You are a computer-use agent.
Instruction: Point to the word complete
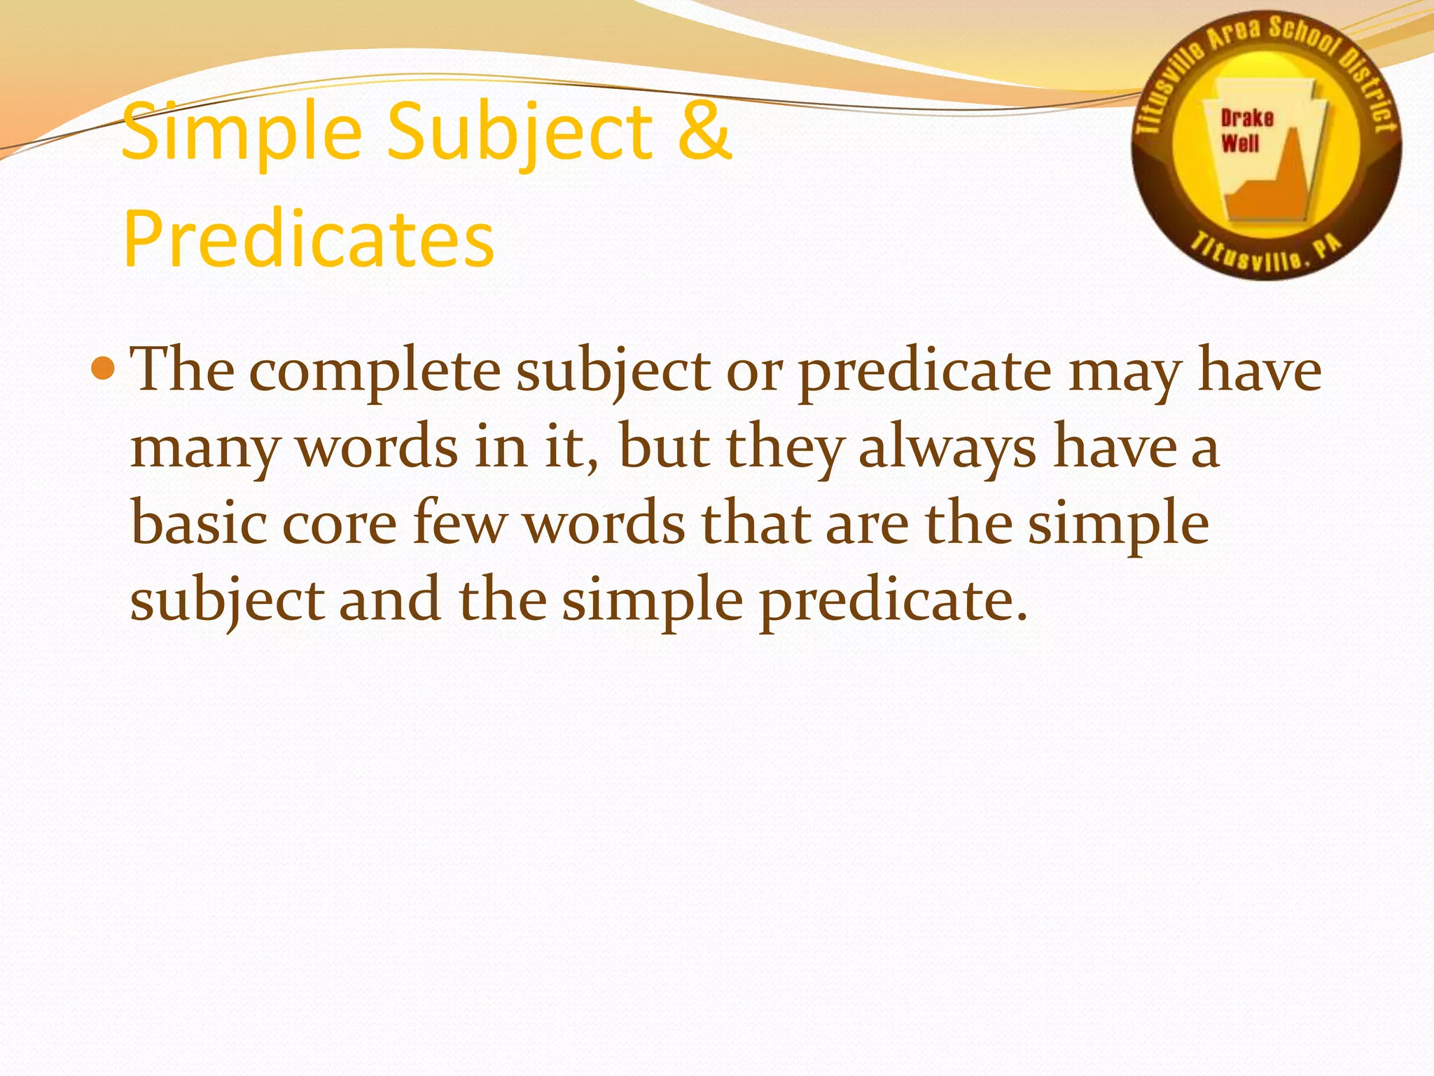(375, 371)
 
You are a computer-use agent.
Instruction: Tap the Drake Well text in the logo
(1246, 130)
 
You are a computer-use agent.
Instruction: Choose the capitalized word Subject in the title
(519, 132)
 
